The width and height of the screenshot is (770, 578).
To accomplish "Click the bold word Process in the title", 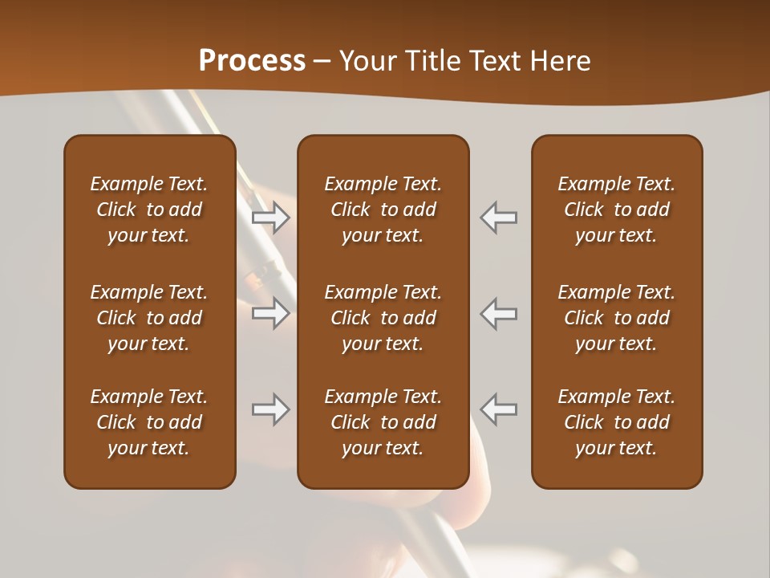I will (252, 61).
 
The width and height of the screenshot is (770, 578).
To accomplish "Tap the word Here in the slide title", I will (561, 61).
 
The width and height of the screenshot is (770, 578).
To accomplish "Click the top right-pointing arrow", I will (270, 217).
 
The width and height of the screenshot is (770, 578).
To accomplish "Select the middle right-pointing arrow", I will (270, 313).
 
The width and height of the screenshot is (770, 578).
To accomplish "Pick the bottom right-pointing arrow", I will (270, 409).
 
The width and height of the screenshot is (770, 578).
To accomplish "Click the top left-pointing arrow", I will (499, 217).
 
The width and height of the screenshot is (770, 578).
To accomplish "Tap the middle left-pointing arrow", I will (499, 313).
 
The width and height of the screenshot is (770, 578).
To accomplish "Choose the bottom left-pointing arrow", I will (499, 409).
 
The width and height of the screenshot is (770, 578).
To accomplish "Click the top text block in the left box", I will (149, 210).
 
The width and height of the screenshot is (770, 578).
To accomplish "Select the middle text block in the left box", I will (149, 318).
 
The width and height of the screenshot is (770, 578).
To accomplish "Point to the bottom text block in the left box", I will (149, 422).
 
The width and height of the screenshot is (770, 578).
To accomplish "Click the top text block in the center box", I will (383, 210).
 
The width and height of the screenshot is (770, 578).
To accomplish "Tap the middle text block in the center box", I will (383, 318).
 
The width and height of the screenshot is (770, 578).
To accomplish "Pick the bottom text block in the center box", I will (383, 422).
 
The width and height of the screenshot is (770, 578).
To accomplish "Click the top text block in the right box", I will (616, 210).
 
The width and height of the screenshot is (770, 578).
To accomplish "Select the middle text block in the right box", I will (616, 318).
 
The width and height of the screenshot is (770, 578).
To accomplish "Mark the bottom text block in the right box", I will (616, 422).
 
